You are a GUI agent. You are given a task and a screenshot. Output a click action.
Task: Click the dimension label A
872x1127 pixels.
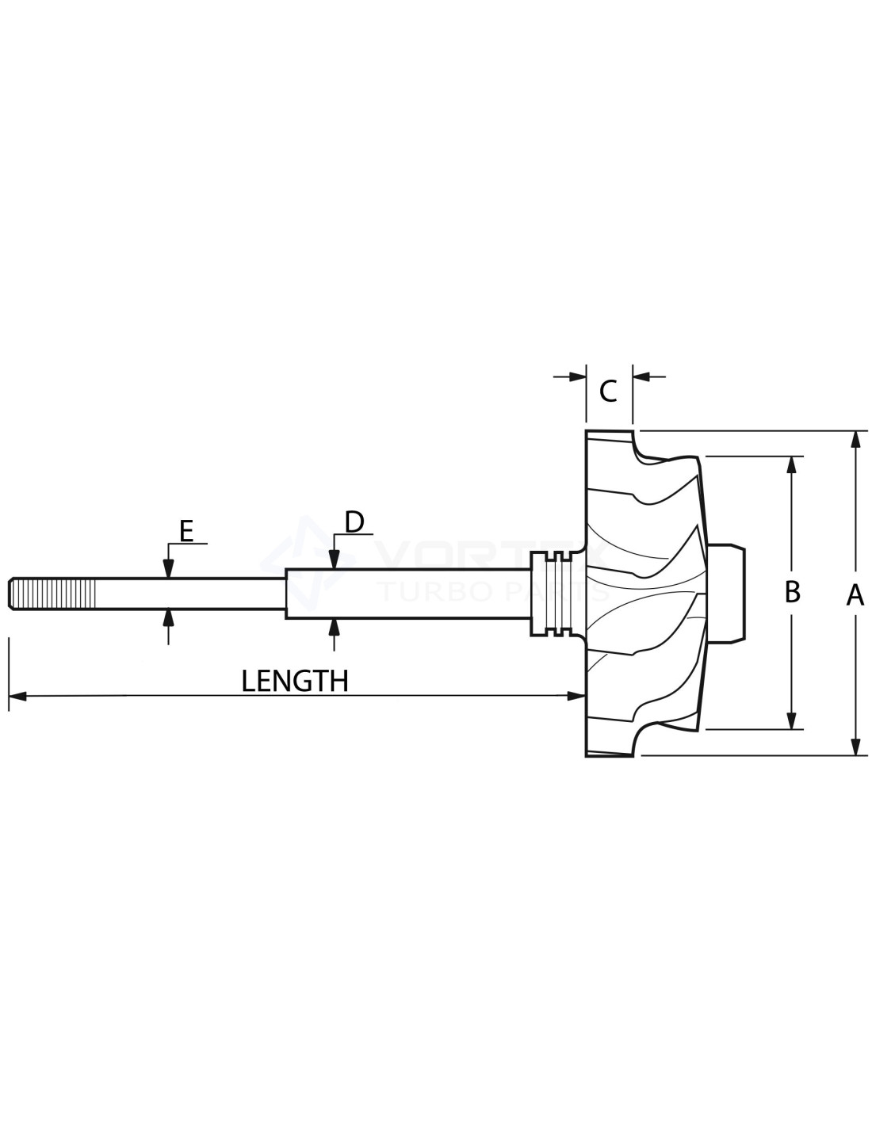click(x=855, y=594)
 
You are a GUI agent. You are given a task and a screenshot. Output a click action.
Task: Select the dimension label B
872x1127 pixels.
click(x=791, y=592)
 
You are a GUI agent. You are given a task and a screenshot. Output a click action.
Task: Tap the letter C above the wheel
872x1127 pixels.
click(x=608, y=392)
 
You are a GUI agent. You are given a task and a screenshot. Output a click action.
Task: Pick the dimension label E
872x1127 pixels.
click(x=186, y=531)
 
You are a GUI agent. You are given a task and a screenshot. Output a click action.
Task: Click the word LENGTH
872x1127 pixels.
click(x=295, y=681)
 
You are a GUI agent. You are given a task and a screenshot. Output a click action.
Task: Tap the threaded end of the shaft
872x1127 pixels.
click(x=52, y=594)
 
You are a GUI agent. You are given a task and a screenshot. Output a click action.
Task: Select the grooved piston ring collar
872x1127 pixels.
click(x=556, y=593)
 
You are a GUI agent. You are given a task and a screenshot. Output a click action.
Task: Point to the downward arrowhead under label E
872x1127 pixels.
click(x=168, y=568)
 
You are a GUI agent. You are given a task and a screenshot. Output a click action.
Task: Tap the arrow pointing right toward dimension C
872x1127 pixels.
click(x=577, y=377)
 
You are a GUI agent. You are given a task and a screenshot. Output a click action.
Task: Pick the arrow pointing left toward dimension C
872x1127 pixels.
click(x=642, y=377)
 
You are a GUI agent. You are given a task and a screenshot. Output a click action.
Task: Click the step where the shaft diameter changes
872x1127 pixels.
click(x=285, y=593)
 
